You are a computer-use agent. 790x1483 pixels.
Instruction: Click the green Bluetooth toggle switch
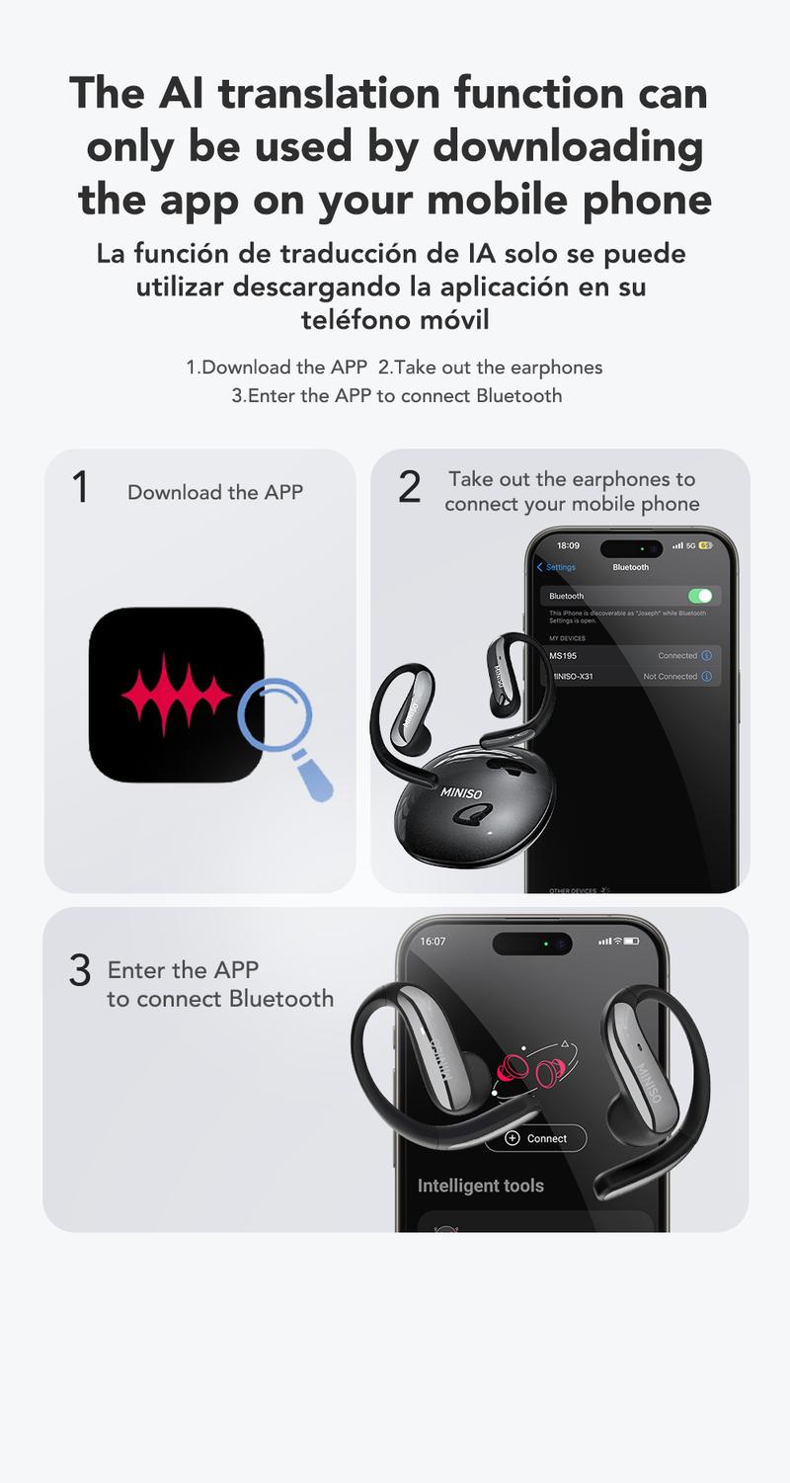699,596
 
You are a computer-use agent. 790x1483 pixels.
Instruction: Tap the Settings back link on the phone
556,567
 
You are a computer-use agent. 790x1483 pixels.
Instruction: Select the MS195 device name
562,656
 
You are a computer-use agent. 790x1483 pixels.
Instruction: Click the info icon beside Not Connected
706,677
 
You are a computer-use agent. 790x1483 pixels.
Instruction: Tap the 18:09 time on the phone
568,545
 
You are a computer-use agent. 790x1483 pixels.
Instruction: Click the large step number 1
80,488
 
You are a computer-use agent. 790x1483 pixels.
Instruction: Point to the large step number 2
409,488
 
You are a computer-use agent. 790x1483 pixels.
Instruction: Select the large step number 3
80,971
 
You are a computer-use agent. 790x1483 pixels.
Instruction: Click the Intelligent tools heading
480,1186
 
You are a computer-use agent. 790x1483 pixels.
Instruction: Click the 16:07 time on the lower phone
433,942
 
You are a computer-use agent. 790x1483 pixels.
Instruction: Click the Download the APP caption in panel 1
215,492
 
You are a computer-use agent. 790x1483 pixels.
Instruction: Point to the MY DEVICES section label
567,638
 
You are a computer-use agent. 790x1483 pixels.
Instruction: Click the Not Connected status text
670,677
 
